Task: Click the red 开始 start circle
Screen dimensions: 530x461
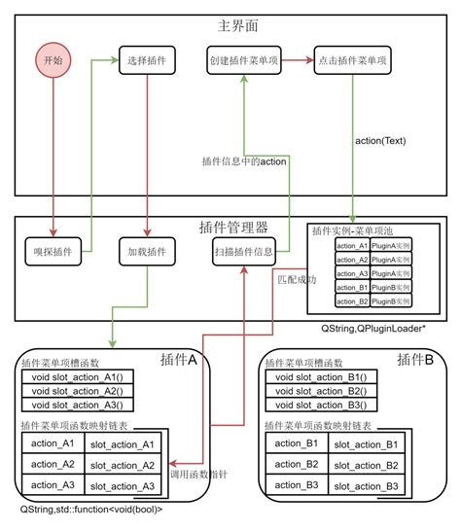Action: coord(53,61)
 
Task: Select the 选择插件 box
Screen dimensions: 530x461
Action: coord(146,61)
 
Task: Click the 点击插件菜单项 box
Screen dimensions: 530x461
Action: coord(352,61)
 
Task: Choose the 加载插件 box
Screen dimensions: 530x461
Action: coord(146,253)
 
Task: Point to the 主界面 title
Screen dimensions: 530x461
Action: coord(231,23)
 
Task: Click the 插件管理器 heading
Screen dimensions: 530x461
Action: coord(231,227)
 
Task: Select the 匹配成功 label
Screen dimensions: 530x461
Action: coord(296,279)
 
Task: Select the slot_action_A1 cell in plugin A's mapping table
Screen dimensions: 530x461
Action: coord(122,444)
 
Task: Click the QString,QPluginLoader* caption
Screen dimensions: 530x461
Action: coord(376,330)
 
